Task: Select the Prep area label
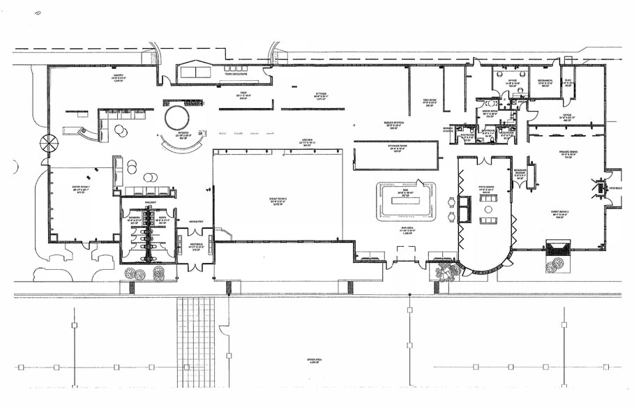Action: (244, 94)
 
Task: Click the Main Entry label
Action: (195, 222)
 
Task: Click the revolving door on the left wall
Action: (49, 144)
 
